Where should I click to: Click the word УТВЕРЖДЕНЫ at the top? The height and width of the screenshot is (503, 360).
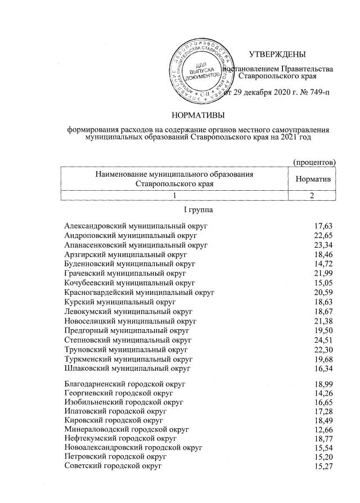(277, 55)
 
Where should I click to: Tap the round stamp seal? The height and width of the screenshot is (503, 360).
(201, 69)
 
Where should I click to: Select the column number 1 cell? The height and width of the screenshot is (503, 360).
(175, 195)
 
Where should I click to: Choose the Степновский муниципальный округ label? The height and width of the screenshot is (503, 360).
(128, 340)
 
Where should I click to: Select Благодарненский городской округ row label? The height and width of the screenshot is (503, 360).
(125, 385)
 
